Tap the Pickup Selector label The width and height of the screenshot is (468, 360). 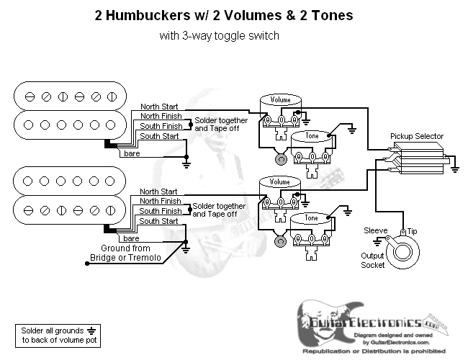[x=416, y=136]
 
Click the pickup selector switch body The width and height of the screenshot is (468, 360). [x=420, y=158]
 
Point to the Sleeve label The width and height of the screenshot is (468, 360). [x=375, y=230]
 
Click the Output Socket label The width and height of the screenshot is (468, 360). [x=373, y=260]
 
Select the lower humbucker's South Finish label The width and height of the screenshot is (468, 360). [x=160, y=211]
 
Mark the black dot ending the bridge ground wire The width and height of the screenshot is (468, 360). [x=87, y=264]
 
